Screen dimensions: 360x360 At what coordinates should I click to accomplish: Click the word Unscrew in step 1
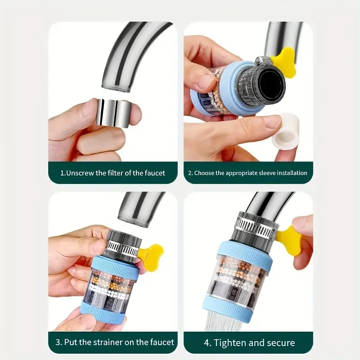81,173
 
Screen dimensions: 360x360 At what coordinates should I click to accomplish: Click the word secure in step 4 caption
280,342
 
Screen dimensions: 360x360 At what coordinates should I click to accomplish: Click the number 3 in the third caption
58,342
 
